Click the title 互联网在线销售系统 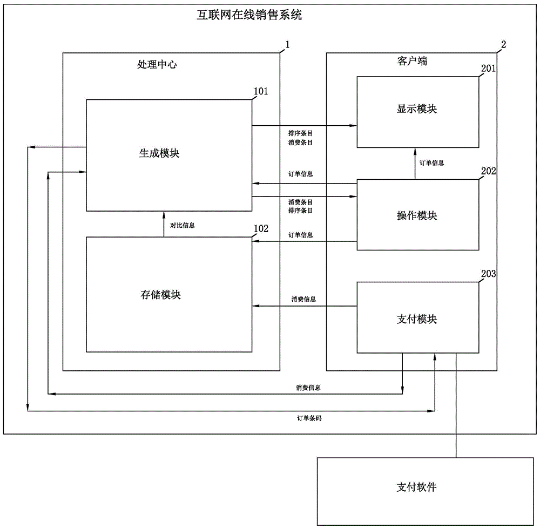tap(249, 15)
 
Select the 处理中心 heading tap(157, 65)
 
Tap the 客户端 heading tap(408, 62)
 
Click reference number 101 tap(261, 91)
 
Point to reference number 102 tap(261, 228)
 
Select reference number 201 tap(488, 69)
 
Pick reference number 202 tap(488, 171)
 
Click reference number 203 tap(488, 274)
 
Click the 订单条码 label tap(309, 418)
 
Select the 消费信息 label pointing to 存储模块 tap(303, 299)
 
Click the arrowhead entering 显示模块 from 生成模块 tap(353, 126)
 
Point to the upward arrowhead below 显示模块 tap(415, 151)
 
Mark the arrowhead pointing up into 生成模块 tap(164, 214)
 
